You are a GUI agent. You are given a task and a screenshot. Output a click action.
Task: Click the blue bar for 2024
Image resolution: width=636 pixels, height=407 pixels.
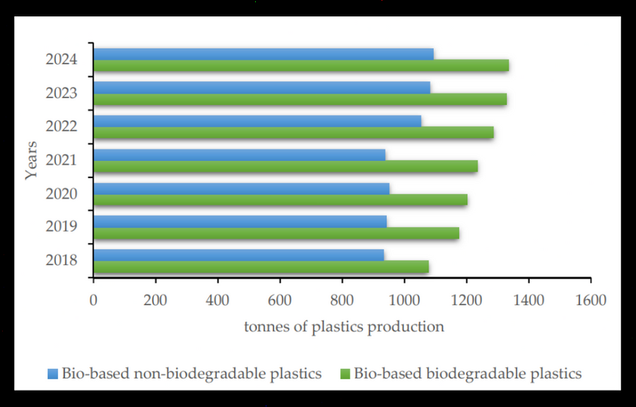(x=263, y=54)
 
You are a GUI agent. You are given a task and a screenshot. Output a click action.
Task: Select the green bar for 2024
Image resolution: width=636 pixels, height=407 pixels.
(x=301, y=66)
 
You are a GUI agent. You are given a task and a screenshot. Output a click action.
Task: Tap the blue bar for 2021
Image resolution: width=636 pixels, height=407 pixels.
(x=239, y=155)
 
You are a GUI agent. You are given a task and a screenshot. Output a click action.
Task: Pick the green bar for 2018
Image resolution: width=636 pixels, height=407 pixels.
(x=261, y=266)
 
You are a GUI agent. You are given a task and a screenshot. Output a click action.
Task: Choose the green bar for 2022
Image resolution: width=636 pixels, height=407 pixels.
(x=293, y=132)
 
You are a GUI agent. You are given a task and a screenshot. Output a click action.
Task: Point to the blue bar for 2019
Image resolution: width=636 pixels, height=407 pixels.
(x=240, y=221)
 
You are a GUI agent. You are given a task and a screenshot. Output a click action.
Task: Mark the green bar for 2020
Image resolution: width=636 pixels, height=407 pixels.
(x=280, y=199)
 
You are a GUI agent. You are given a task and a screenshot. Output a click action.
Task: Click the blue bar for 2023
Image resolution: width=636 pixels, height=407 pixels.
(x=261, y=88)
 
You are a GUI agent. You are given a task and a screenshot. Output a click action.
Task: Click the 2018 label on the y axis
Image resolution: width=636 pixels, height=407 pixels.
(x=61, y=261)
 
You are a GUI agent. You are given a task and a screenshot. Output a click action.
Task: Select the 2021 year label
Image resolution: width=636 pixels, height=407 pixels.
(x=61, y=160)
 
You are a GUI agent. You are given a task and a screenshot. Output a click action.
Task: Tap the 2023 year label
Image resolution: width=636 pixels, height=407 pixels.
(x=61, y=93)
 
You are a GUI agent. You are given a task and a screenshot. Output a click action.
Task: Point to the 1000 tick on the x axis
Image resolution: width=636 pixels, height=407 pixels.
(x=404, y=300)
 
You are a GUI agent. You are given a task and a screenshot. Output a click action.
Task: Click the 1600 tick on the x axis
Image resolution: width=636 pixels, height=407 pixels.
(x=591, y=300)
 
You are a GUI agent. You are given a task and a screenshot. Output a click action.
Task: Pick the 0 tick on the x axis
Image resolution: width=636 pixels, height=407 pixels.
(x=93, y=300)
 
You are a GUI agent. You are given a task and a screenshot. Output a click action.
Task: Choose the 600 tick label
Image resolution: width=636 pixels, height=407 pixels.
(x=280, y=300)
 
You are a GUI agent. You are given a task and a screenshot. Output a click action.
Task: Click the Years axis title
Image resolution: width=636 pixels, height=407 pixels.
(x=31, y=160)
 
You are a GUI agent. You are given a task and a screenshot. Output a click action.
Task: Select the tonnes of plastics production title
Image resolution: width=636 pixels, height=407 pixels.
(x=344, y=326)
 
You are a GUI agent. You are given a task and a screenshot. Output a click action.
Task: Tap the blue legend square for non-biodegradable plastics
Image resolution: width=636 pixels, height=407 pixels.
(x=52, y=373)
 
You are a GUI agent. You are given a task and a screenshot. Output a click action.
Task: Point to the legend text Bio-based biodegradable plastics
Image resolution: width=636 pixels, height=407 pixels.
(x=468, y=373)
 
